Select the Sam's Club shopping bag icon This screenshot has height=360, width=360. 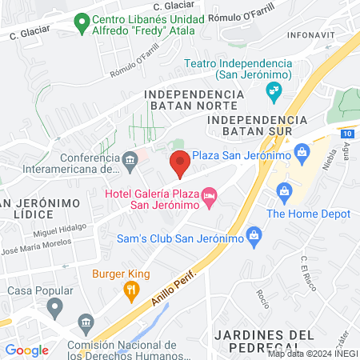pos(254,235)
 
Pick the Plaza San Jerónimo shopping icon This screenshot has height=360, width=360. pos(302,150)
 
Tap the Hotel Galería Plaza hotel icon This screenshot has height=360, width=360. pos(210,195)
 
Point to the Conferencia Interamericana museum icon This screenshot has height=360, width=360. pos(129,162)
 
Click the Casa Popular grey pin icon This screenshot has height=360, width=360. pos(54,306)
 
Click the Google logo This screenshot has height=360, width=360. pos(26,350)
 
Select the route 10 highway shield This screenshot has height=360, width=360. pos(346,133)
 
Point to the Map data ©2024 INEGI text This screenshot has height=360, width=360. pos(311,353)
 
